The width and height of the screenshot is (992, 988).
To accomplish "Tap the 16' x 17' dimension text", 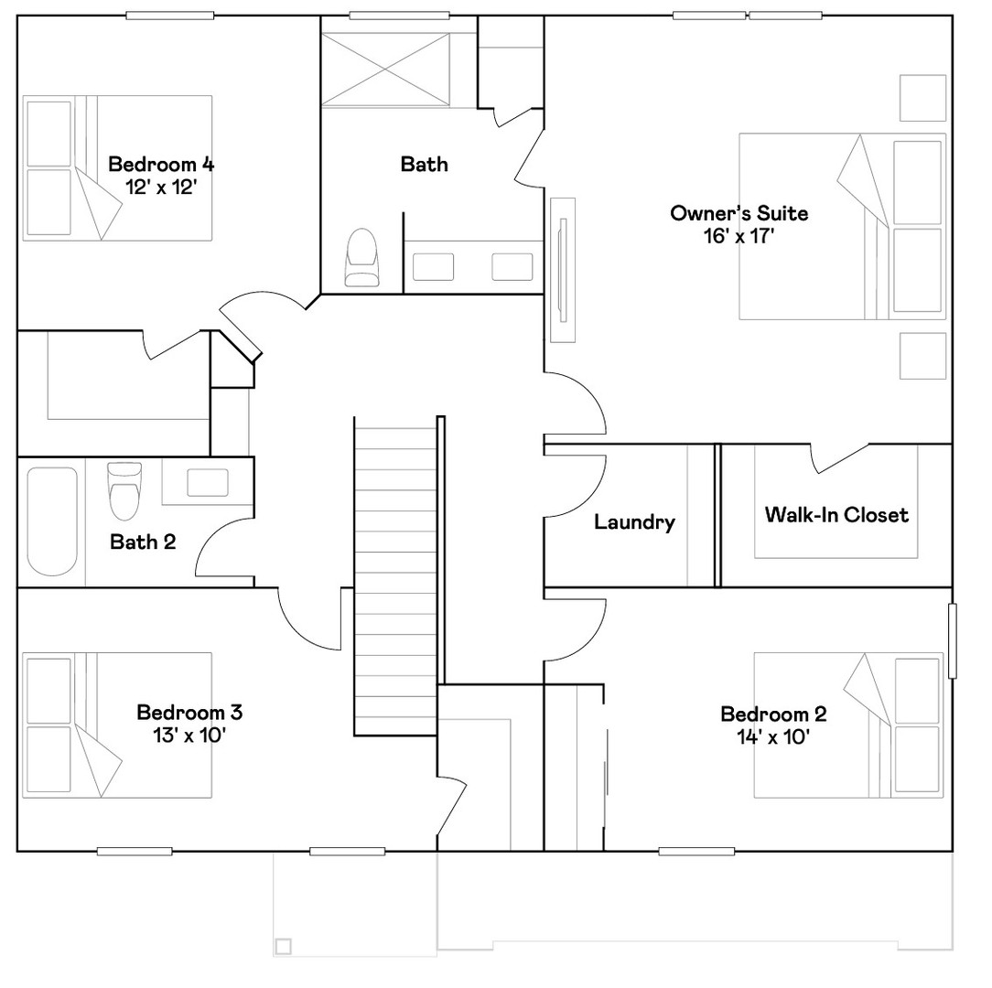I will point(739,235).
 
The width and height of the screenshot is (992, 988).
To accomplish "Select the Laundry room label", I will point(634,522).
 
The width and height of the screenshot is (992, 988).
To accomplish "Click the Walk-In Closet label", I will point(836,514).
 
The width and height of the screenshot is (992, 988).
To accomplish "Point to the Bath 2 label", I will point(143,542).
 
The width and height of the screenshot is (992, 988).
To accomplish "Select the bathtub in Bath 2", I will point(52,521).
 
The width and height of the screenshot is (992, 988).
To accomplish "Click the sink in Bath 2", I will point(208,482).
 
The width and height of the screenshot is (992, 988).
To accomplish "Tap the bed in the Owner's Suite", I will point(840,227).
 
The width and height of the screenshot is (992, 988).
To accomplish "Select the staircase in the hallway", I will point(395,576).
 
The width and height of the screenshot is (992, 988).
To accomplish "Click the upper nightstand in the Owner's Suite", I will point(922,97).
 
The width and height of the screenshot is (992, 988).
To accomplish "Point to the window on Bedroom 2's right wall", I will point(952,640).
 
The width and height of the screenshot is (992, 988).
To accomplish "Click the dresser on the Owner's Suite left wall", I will point(562,270).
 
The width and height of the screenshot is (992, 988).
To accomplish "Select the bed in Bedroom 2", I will point(847,725).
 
